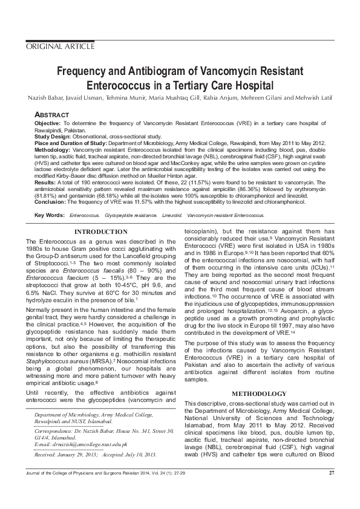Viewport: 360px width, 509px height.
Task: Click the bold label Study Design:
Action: (53, 137)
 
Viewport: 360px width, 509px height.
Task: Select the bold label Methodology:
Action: (53, 148)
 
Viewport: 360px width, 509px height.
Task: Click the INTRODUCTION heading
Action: (100, 232)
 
